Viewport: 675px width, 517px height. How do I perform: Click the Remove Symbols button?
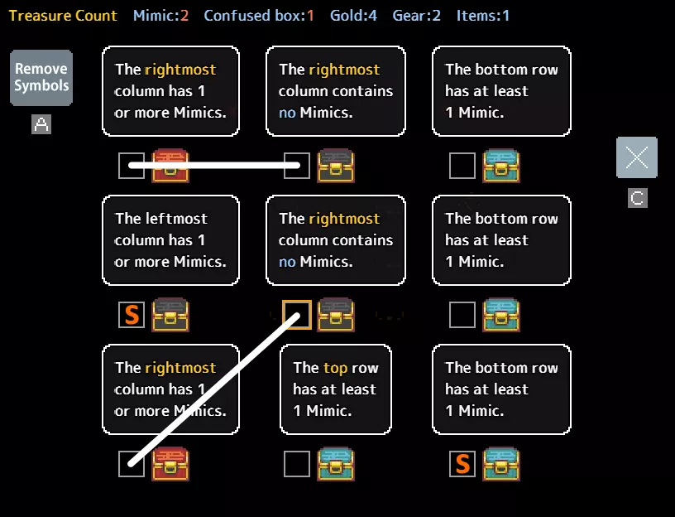tap(41, 78)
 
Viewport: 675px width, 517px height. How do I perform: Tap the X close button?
tap(637, 157)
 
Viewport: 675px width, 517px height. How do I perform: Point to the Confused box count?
tap(259, 16)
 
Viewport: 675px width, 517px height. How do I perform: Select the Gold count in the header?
tap(353, 16)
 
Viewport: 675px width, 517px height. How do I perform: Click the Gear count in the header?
tap(416, 16)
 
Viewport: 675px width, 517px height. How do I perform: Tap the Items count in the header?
tap(483, 16)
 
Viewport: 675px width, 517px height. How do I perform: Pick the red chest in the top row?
tap(170, 166)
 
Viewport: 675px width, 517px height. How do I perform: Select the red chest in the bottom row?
tap(170, 464)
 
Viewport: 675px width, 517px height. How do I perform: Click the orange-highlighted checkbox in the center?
tap(297, 315)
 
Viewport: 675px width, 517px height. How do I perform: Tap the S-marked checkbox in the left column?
tap(132, 315)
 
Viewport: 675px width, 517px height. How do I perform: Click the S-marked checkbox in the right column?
tap(462, 464)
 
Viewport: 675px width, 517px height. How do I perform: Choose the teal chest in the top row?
tap(501, 166)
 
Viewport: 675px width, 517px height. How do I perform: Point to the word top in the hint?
tap(335, 368)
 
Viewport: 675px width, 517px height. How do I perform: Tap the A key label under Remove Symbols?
tap(41, 124)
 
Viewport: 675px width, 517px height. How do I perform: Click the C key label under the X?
tap(637, 198)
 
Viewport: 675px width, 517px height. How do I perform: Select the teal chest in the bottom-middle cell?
tap(336, 464)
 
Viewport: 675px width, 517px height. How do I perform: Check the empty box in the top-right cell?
tap(462, 166)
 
